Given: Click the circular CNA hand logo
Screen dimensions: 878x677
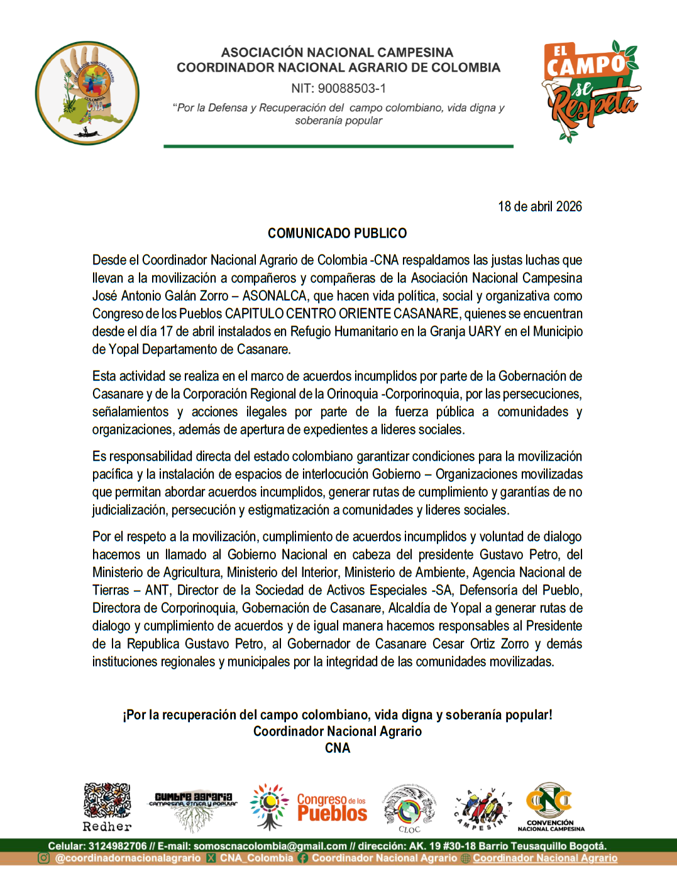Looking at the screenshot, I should [87, 93].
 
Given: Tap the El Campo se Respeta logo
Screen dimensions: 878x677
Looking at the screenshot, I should [591, 91].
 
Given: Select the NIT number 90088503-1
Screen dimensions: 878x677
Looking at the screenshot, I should [352, 89].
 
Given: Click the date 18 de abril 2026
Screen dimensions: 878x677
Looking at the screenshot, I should [539, 207].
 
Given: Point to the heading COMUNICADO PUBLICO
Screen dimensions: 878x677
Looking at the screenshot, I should [337, 233].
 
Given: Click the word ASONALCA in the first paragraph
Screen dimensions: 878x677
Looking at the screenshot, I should [275, 296].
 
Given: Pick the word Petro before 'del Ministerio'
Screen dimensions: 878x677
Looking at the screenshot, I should [543, 554].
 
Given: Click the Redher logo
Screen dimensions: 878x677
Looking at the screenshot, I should [107, 807].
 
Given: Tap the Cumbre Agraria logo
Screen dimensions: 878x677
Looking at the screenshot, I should [193, 807].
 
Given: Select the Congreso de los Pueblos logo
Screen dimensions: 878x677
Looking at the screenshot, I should [309, 807].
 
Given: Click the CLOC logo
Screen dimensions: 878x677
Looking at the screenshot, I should [410, 807].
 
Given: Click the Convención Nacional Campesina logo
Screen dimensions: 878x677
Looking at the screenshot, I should [551, 807].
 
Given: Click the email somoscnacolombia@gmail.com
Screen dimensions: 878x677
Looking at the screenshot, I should [270, 846].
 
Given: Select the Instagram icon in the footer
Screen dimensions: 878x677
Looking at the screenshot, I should [44, 858].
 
